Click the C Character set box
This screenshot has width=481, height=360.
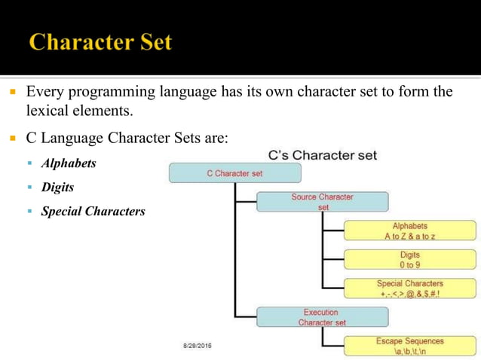pyautogui.click(x=234, y=173)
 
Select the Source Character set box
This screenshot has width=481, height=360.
pyautogui.click(x=322, y=201)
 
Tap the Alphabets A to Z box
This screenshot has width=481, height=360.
pyautogui.click(x=409, y=230)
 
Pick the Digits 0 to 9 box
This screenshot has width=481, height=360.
pyautogui.click(x=409, y=259)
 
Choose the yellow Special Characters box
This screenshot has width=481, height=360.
pyautogui.click(x=409, y=288)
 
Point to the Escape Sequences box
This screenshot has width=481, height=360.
pyautogui.click(x=409, y=346)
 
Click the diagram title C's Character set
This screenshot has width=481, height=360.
pyautogui.click(x=323, y=155)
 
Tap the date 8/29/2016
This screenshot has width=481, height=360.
pyautogui.click(x=198, y=345)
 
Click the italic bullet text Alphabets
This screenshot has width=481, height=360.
pyautogui.click(x=69, y=163)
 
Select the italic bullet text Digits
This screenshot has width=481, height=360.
pyautogui.click(x=57, y=187)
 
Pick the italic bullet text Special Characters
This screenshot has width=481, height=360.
pyautogui.click(x=93, y=211)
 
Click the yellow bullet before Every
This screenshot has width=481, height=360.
pyautogui.click(x=13, y=93)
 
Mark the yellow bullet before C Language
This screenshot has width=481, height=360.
pyautogui.click(x=13, y=139)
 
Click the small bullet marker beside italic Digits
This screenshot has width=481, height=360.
pyautogui.click(x=31, y=187)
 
